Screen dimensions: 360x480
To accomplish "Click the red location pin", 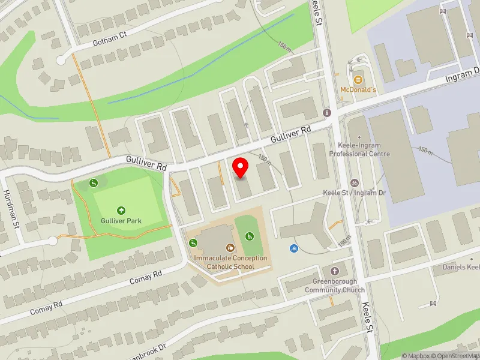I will click(241, 167).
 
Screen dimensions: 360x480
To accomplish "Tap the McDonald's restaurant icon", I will click(358, 79).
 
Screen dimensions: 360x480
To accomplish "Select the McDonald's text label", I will click(358, 90).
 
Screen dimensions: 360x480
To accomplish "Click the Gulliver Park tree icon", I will click(121, 210).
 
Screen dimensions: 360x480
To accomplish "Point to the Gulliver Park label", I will click(121, 220).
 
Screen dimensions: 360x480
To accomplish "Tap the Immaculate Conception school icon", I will click(230, 247).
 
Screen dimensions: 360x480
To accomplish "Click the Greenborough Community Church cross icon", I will click(334, 271).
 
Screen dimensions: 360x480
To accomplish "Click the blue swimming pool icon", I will click(294, 248).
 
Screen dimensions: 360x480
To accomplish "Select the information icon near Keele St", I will click(327, 113).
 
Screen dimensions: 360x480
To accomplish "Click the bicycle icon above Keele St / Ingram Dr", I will click(355, 182).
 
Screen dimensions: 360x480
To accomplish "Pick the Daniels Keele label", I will click(461, 267).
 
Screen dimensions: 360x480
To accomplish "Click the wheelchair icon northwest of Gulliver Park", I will click(94, 182).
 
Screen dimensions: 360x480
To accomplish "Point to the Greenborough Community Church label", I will click(334, 286).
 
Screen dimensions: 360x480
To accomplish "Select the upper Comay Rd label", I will click(146, 278).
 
